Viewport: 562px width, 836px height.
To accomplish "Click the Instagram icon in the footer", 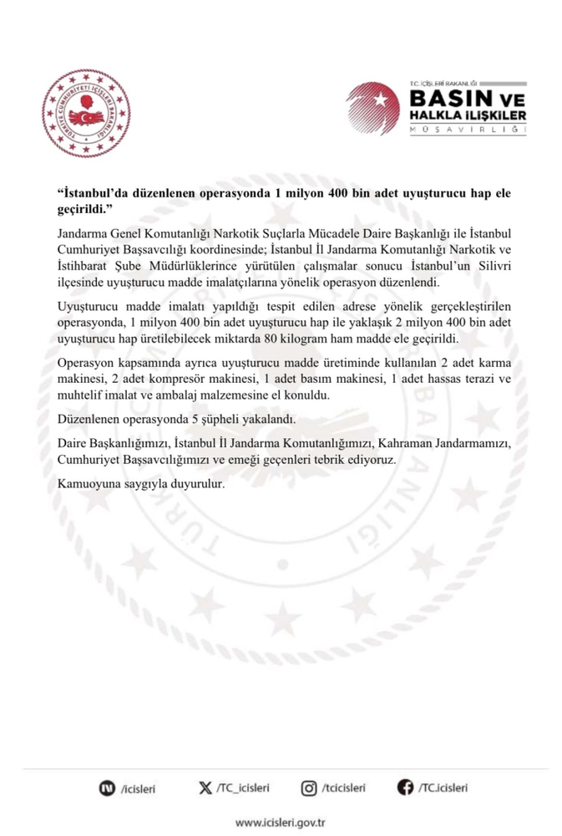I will (x=308, y=787).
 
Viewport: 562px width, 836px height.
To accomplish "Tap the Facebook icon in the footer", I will (x=406, y=787).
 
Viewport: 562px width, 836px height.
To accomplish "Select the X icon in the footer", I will (x=205, y=787).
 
